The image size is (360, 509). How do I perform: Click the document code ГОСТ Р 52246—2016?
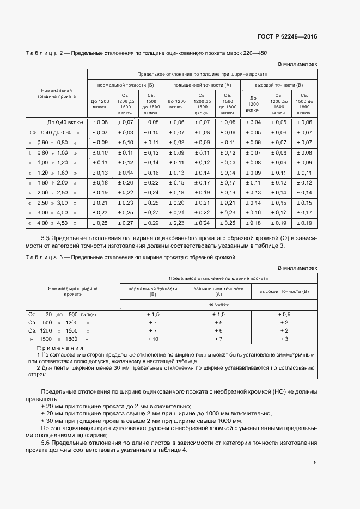287,37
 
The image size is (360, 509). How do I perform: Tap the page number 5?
315,463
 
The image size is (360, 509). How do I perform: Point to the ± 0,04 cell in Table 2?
253,122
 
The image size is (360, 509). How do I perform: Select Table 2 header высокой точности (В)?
279,85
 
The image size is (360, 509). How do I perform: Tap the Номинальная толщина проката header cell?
56,93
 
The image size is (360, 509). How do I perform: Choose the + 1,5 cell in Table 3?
152,315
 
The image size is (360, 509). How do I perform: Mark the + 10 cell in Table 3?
152,339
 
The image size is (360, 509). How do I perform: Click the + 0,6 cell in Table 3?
284,315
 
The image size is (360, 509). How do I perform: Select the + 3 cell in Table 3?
284,339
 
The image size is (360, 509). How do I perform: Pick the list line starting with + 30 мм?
142,421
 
